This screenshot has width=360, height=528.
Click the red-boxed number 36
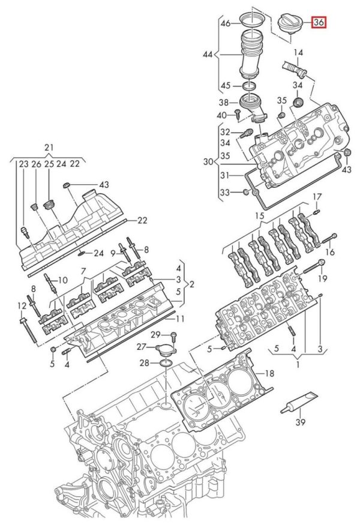tap(319, 22)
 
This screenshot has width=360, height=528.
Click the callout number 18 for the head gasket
tap(270, 373)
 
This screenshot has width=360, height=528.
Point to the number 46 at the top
tap(225, 23)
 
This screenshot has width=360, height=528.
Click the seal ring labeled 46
tap(252, 19)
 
